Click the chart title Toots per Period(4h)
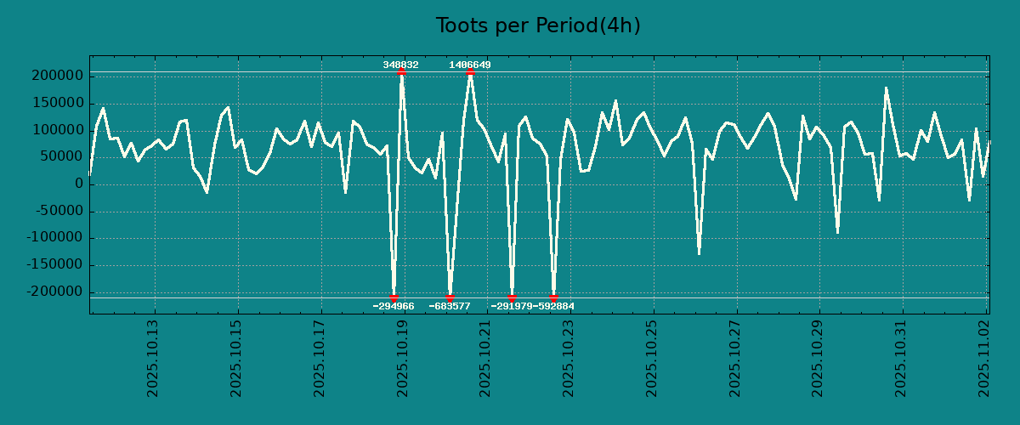point(538,26)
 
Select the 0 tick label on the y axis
point(78,184)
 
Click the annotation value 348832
point(400,65)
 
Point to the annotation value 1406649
point(470,65)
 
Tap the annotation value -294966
point(394,306)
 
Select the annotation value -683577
point(450,306)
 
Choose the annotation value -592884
point(554,306)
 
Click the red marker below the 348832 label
point(401,72)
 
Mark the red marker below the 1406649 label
point(470,72)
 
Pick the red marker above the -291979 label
point(512,297)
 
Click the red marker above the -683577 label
point(450,297)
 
